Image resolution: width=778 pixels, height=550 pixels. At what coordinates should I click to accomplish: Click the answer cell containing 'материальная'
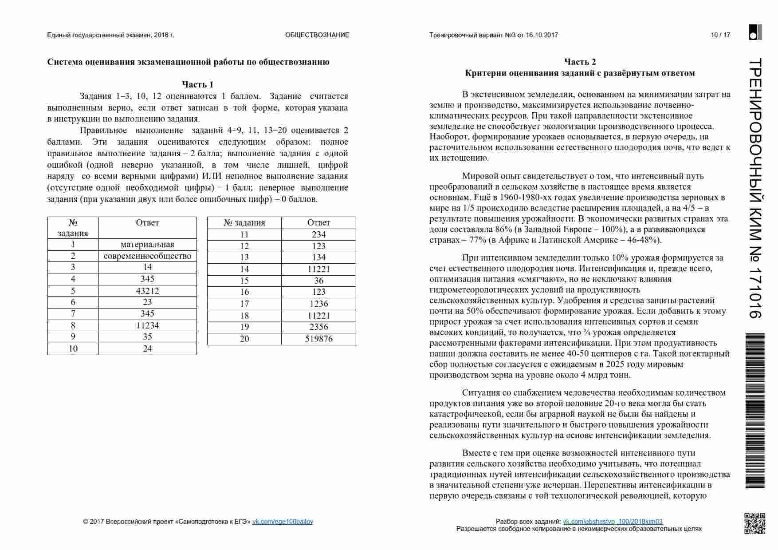147,245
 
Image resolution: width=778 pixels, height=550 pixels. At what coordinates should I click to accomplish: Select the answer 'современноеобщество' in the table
147,256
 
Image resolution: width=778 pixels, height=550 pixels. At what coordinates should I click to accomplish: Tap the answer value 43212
147,291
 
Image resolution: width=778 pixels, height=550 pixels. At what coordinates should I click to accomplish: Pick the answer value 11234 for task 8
147,325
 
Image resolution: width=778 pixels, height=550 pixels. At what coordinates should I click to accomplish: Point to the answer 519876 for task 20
318,339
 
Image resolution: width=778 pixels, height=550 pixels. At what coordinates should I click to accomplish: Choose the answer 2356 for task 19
318,327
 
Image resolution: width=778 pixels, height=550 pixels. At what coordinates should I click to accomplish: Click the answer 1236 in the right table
318,304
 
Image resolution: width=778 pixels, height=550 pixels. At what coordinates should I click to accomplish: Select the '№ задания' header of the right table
244,223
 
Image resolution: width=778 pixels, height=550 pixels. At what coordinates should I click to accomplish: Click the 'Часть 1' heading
197,84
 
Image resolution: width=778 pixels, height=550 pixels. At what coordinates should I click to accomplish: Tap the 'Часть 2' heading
580,62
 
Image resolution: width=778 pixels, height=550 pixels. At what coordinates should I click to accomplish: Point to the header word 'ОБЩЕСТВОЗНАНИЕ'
317,35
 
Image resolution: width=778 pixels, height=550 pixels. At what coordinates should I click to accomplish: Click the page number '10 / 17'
720,35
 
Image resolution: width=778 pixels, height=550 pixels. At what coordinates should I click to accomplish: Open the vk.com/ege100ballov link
283,522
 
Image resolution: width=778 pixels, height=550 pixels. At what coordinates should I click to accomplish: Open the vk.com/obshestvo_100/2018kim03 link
613,522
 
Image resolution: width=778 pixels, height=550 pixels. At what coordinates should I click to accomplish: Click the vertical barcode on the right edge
754,411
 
